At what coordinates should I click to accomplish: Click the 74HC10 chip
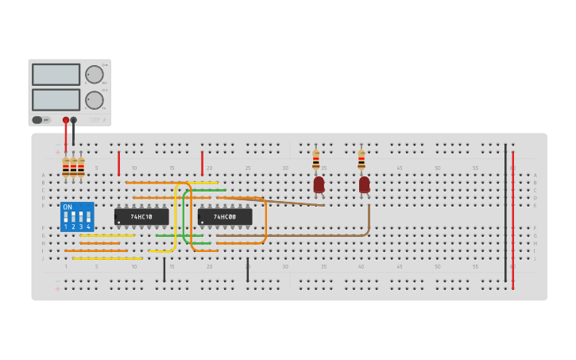[x=141, y=216]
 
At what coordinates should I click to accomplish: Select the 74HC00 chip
[x=225, y=216]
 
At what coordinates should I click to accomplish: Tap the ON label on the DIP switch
[x=67, y=207]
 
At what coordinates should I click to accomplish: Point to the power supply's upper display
[x=56, y=75]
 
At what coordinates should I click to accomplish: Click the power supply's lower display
[x=56, y=99]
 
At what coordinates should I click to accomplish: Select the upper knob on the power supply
[x=95, y=75]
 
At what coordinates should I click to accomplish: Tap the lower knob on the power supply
[x=95, y=100]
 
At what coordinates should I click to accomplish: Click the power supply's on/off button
[x=37, y=120]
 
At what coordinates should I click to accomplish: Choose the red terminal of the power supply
[x=66, y=120]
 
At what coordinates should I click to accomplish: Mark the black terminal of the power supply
[x=73, y=120]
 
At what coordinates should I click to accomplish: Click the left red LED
[x=319, y=184]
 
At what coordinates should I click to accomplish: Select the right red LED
[x=364, y=184]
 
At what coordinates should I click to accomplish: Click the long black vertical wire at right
[x=505, y=213]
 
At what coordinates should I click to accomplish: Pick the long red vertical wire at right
[x=513, y=219]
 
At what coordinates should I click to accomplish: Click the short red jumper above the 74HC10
[x=118, y=163]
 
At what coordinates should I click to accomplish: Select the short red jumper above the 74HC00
[x=202, y=163]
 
